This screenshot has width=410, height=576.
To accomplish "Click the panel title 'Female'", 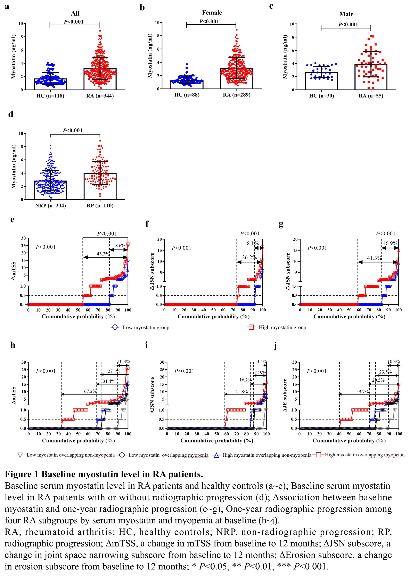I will click(x=212, y=13).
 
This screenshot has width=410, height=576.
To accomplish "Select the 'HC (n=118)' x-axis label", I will click(x=50, y=96).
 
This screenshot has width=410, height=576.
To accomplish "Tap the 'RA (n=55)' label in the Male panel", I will click(x=371, y=96).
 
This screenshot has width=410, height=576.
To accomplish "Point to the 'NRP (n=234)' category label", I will click(x=50, y=205).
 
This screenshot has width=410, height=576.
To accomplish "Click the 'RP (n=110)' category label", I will click(x=100, y=205).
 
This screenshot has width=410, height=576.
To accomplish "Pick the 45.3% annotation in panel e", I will click(x=103, y=254).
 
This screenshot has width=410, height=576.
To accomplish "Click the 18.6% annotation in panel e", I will click(x=119, y=245).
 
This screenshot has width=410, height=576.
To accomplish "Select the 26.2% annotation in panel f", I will click(x=249, y=257).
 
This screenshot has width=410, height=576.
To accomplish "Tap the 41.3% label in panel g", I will click(x=374, y=258).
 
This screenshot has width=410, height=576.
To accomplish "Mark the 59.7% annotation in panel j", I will click(x=362, y=391).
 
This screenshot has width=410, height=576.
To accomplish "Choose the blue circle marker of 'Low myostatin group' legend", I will click(x=115, y=327).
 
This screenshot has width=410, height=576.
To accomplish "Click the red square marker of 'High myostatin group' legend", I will click(x=251, y=327).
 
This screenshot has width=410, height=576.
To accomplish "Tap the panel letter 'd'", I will click(x=11, y=114).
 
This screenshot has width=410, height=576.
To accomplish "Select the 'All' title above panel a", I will click(x=75, y=13).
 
